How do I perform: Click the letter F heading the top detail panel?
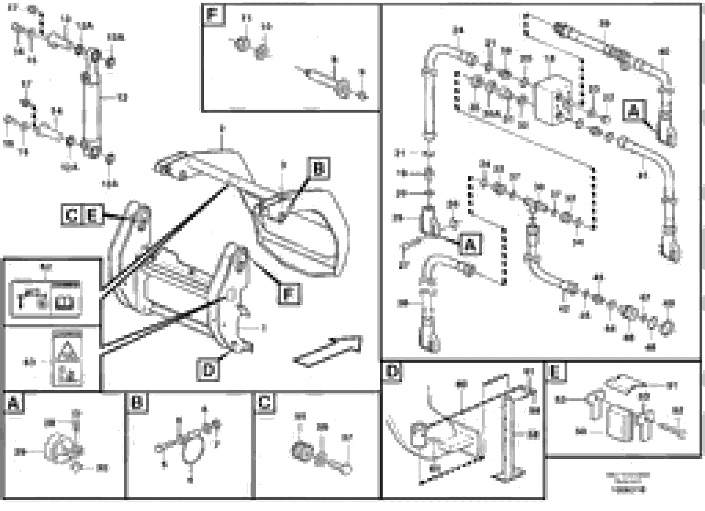pos(213,14)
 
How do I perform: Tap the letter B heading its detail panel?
pos(137,403)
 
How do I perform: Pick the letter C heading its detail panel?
pos(264,403)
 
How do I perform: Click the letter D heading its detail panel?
pos(392,371)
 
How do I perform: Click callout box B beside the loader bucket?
pos(319,169)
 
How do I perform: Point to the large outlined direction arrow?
pos(330,351)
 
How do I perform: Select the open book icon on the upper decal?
pos(65,303)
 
